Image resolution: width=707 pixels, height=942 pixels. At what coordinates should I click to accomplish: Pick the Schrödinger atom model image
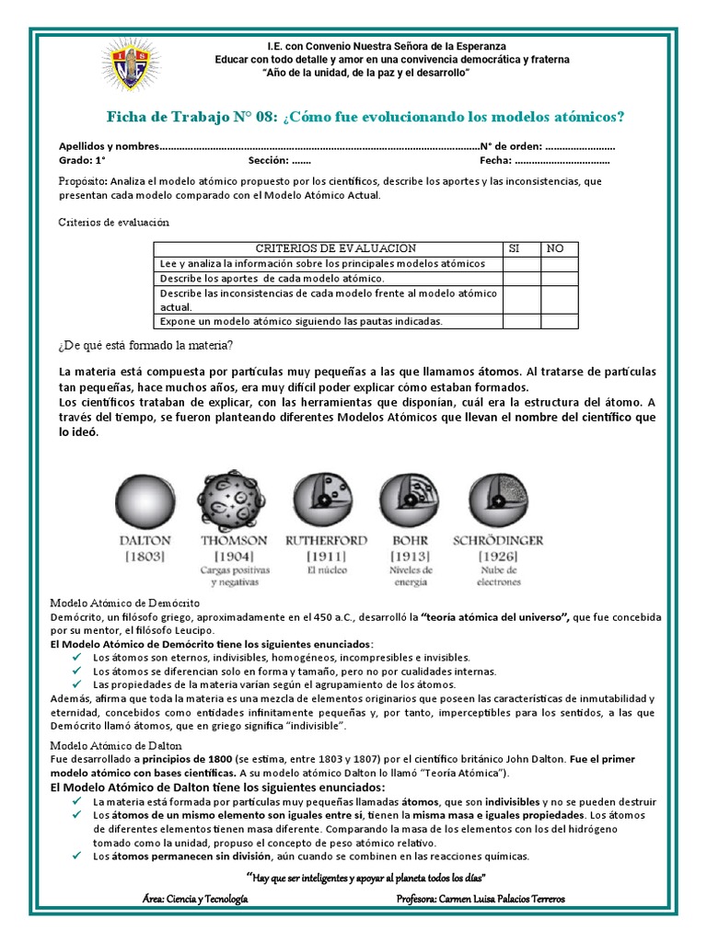tap(499, 500)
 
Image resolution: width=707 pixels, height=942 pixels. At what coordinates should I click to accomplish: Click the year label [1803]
tap(143, 557)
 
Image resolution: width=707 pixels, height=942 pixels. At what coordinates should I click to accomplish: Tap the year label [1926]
tap(499, 557)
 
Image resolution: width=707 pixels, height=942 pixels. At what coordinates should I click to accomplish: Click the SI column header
tap(515, 248)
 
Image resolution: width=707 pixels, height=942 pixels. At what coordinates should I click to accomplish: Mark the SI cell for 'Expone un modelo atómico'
tap(521, 321)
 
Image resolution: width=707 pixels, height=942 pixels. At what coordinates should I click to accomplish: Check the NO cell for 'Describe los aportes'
tap(560, 278)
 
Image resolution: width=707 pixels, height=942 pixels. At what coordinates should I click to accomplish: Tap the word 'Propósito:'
tap(84, 181)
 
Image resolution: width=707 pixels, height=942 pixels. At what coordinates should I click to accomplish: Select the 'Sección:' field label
tap(268, 160)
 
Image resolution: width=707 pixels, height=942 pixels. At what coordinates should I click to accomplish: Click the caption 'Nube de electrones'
tap(499, 576)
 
